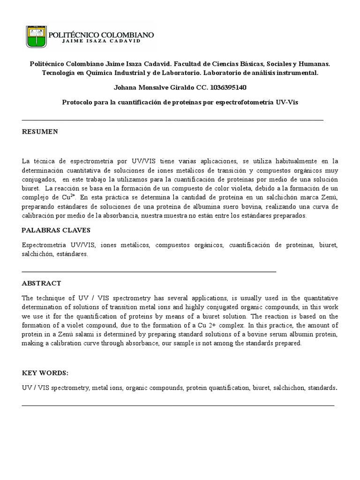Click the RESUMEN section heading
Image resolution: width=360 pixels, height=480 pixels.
tap(40, 132)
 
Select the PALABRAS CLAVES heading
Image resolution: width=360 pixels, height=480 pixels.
tap(56, 230)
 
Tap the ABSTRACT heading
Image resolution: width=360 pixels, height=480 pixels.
tap(41, 284)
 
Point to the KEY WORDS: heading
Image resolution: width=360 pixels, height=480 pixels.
tap(45, 373)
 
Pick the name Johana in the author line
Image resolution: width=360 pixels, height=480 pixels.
tap(127, 87)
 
